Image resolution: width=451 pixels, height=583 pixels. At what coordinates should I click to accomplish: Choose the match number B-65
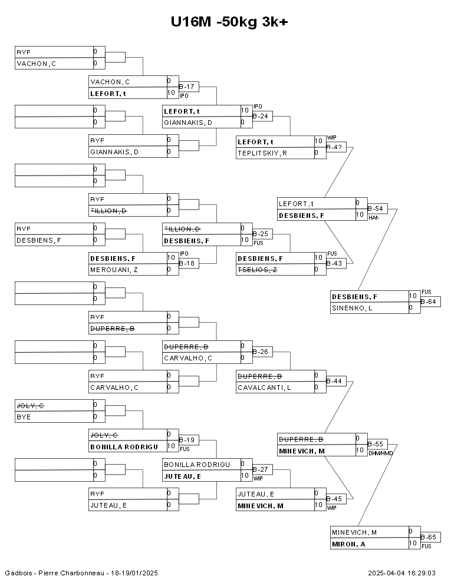[429, 538]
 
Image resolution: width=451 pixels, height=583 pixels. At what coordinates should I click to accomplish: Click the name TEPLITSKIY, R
[262, 153]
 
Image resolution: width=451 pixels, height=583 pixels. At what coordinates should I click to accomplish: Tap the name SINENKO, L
[352, 308]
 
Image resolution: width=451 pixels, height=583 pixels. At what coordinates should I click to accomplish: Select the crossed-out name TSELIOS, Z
[258, 270]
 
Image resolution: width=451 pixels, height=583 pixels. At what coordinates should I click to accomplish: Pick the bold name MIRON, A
[348, 544]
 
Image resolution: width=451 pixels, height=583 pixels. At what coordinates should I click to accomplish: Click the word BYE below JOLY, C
[24, 417]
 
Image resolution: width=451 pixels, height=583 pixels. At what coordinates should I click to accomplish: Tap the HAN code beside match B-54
[373, 218]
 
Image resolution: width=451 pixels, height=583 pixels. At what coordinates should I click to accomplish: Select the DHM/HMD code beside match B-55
[380, 453]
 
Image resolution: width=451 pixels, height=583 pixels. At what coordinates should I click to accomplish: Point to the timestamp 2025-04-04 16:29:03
[401, 573]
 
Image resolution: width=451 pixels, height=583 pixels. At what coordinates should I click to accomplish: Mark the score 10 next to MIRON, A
[413, 544]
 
